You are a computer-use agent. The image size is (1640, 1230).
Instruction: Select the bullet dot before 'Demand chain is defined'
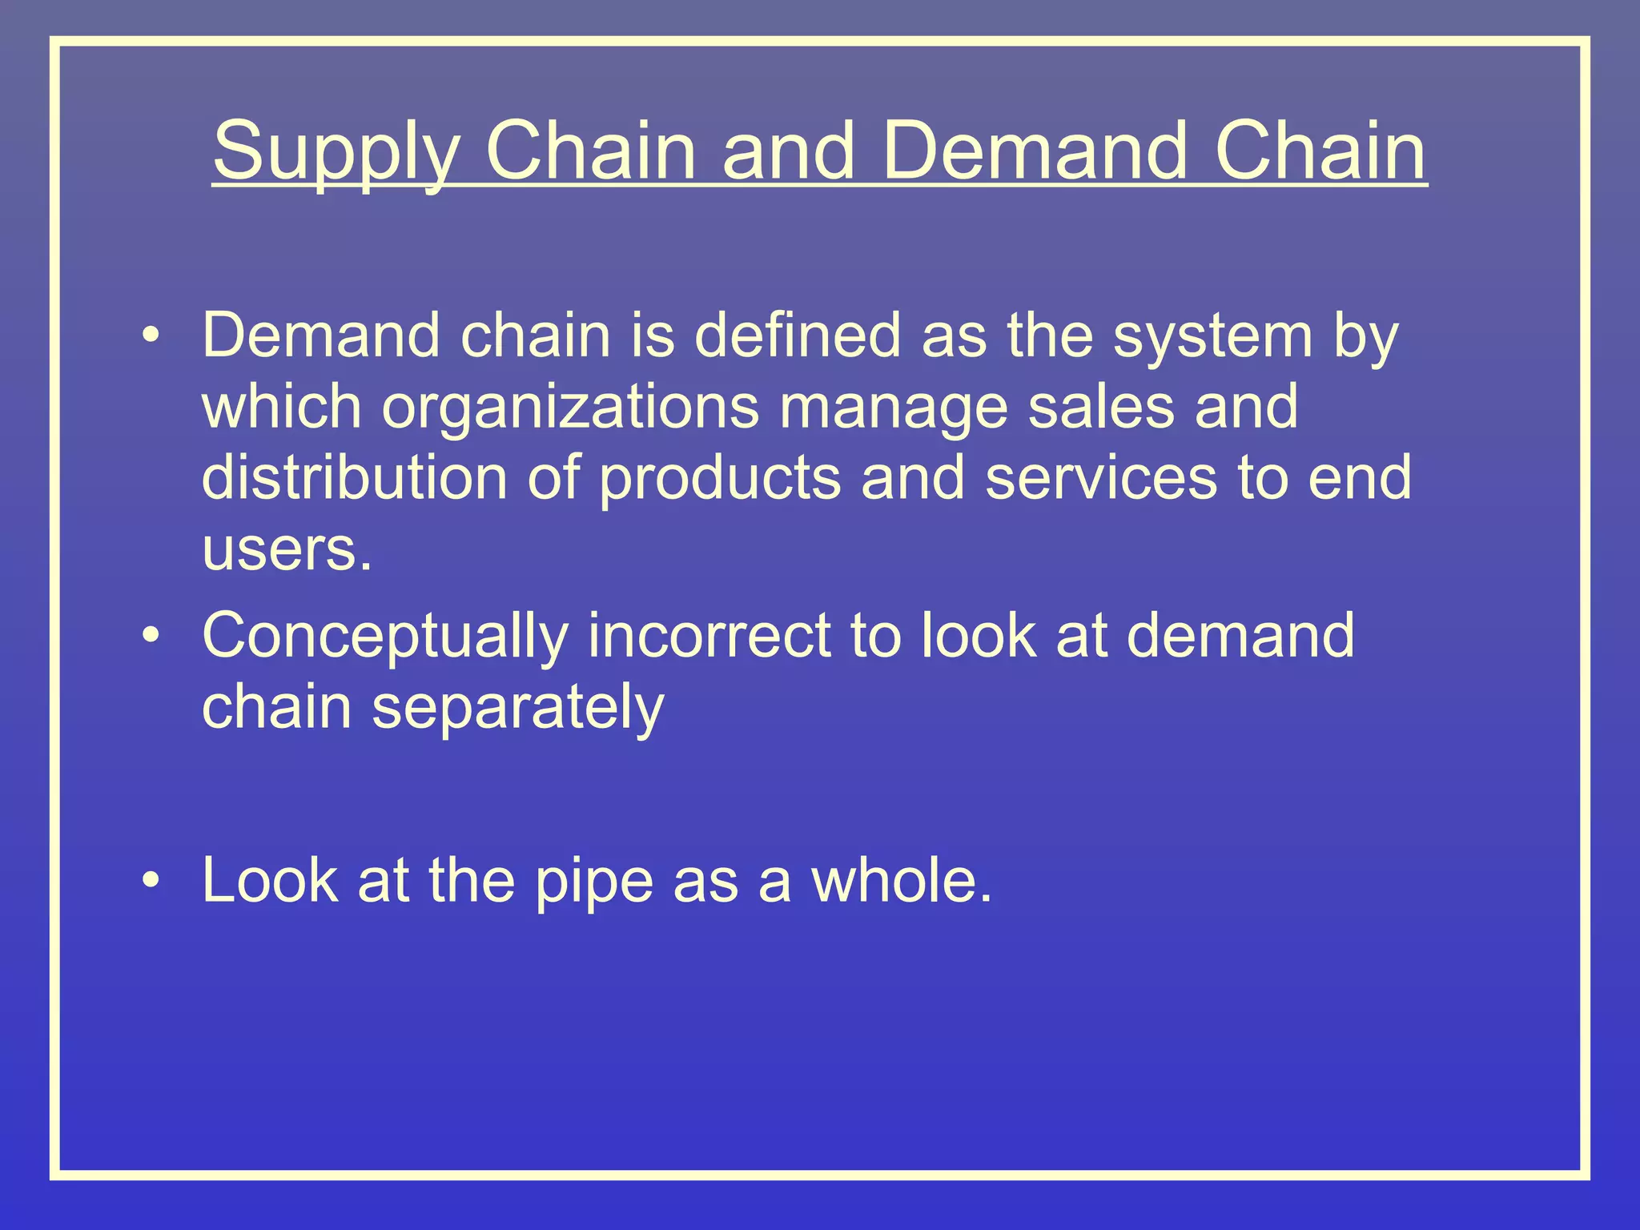[x=151, y=336]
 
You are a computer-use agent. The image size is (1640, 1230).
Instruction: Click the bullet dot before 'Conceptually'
[x=151, y=636]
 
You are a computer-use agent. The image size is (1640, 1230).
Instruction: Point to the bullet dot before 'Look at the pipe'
[x=151, y=882]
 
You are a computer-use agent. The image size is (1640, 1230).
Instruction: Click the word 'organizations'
[x=570, y=407]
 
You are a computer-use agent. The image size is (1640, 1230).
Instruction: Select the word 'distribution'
[x=354, y=477]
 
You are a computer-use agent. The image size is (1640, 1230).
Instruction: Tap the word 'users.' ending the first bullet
[x=287, y=550]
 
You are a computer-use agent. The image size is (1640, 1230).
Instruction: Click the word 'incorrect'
[x=709, y=636]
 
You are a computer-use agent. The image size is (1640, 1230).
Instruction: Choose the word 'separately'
[x=517, y=708]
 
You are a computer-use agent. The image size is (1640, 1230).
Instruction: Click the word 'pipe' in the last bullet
[x=593, y=882]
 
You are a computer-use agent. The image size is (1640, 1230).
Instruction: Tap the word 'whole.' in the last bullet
[x=902, y=880]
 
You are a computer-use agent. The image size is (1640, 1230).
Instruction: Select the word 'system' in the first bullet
[x=1214, y=336]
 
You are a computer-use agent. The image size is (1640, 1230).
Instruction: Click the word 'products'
[x=720, y=479]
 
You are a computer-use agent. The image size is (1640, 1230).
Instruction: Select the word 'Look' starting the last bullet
[x=269, y=880]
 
